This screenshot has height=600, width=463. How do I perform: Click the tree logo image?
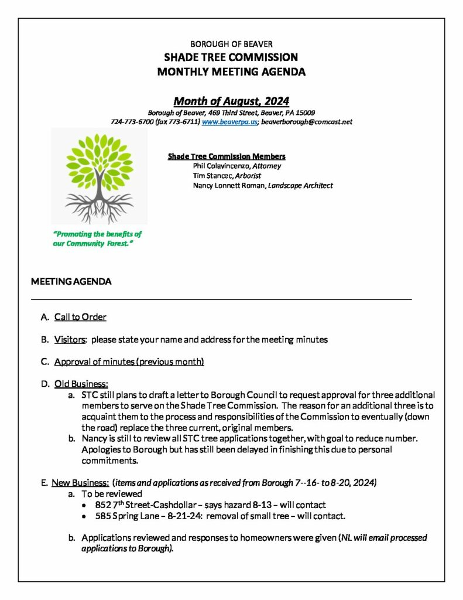(x=99, y=176)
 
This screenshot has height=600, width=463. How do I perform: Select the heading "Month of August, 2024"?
(x=231, y=101)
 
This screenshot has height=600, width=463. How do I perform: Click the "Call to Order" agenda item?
(x=80, y=317)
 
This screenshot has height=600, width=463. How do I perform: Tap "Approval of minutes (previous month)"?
(x=129, y=362)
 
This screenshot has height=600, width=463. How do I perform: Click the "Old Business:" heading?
(x=81, y=384)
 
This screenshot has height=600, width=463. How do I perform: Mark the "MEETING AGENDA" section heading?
(x=71, y=282)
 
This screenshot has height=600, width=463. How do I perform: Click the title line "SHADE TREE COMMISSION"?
(x=231, y=57)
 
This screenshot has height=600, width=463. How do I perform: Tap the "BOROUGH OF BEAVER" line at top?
(x=231, y=44)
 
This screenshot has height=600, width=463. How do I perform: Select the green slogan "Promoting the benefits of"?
(x=97, y=234)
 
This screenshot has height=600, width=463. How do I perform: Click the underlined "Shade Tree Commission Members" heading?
(x=227, y=156)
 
